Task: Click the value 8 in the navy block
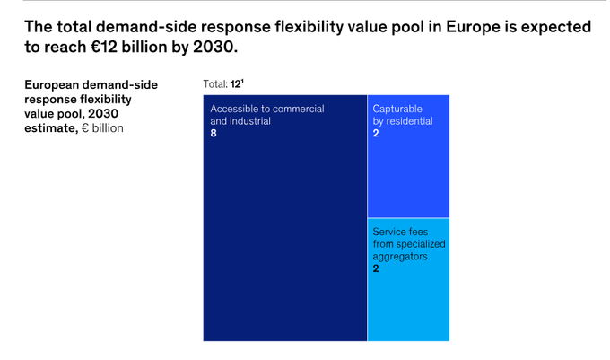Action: (x=213, y=133)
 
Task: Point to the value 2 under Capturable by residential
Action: (x=376, y=133)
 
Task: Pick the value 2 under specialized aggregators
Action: (x=376, y=268)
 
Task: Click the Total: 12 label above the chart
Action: (x=223, y=83)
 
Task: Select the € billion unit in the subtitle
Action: (x=102, y=127)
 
